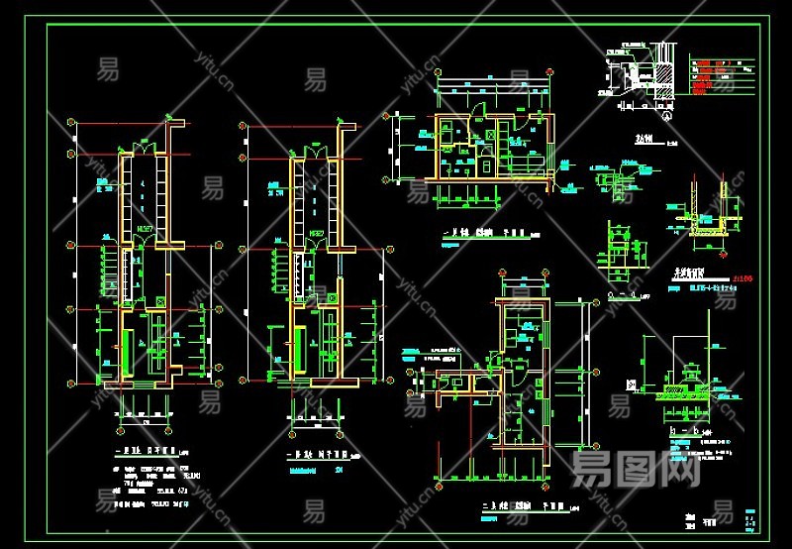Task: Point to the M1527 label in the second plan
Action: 317,234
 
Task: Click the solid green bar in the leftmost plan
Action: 126,349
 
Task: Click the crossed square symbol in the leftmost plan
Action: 160,299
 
